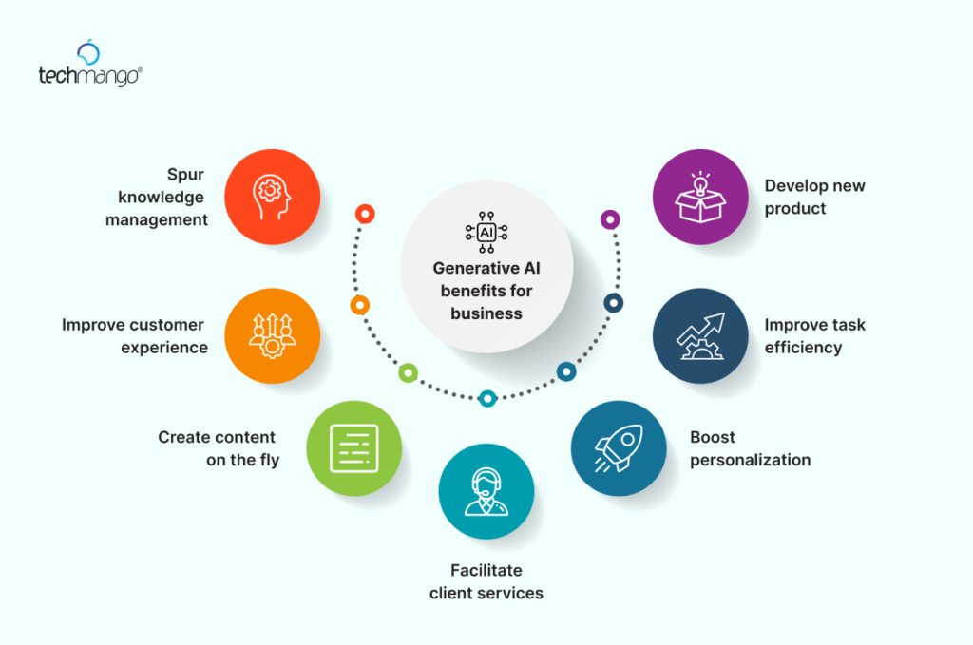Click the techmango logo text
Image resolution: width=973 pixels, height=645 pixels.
[x=89, y=76]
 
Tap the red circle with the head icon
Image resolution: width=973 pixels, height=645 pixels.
[x=272, y=197]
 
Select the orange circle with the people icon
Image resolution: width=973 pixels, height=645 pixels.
[x=272, y=335]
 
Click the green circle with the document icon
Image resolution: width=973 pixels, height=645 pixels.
[x=353, y=448]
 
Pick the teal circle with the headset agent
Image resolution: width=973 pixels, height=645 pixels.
[x=486, y=491]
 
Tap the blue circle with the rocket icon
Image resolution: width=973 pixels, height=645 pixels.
[x=619, y=448]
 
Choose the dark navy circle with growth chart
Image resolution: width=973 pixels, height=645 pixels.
[x=700, y=335]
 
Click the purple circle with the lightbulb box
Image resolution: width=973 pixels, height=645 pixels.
[x=700, y=197]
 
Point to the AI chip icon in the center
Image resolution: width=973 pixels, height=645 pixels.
[x=486, y=232]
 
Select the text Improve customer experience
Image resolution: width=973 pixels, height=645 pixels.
[x=133, y=336]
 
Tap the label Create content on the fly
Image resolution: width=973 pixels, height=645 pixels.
[x=217, y=449]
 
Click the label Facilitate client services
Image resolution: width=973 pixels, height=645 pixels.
[x=486, y=581]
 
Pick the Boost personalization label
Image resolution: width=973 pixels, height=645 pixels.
[x=750, y=449]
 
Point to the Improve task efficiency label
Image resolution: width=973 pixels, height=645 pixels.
[x=814, y=336]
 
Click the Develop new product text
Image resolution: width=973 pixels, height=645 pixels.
[x=814, y=197]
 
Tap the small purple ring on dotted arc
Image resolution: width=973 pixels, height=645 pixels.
[x=610, y=219]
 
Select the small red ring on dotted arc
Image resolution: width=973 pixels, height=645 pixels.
[x=363, y=213]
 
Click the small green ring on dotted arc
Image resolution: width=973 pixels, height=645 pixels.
[x=408, y=373]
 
